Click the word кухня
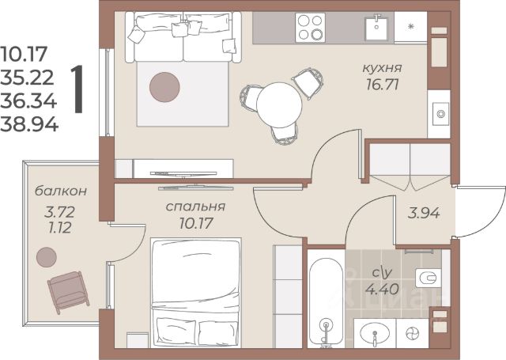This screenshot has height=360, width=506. (382, 69)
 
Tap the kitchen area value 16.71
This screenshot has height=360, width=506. (383, 85)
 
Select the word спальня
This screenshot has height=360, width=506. (195, 207)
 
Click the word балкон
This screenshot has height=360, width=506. (61, 191)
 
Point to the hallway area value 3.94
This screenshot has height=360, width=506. (424, 213)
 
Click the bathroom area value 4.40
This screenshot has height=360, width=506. (382, 289)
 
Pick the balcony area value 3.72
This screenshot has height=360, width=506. (60, 212)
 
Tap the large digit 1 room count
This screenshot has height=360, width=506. (78, 89)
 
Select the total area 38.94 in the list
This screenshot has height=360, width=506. (29, 125)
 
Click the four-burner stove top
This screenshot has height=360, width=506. (310, 28)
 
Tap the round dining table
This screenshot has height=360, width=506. (279, 104)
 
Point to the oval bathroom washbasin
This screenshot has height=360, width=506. (374, 334)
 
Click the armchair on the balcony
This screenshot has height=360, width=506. (69, 292)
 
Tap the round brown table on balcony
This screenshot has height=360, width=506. (47, 257)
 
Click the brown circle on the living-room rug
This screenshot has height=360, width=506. (164, 87)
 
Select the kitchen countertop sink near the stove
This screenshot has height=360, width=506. (376, 28)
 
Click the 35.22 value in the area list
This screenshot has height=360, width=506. (27, 78)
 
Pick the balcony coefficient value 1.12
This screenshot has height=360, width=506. (59, 228)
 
